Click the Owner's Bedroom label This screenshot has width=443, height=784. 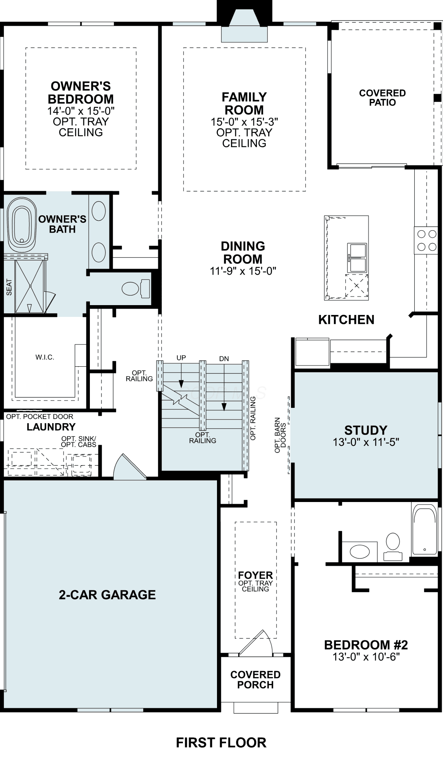(81, 93)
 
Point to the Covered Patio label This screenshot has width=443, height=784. (383, 98)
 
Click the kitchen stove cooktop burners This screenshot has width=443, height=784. (426, 240)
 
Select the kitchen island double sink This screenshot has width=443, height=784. (357, 257)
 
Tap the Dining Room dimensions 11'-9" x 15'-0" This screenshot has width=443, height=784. (243, 271)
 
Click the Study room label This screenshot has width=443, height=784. (366, 430)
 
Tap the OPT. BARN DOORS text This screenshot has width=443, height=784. (280, 435)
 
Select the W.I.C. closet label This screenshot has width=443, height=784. (45, 357)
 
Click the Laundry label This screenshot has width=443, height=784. (51, 427)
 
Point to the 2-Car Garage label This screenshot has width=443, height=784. (107, 595)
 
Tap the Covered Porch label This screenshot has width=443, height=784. (255, 680)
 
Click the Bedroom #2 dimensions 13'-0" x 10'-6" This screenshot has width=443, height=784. (366, 657)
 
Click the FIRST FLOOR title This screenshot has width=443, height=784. (221, 742)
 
